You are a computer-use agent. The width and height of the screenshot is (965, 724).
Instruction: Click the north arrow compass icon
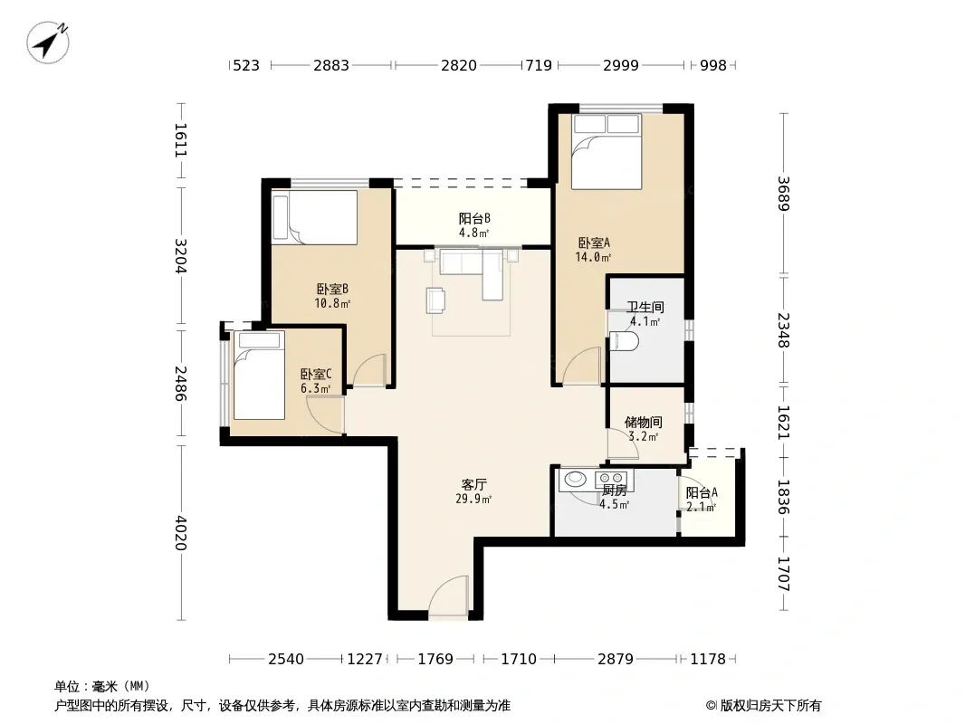pyautogui.click(x=47, y=43)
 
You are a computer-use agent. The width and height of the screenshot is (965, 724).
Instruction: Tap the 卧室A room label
pyautogui.click(x=594, y=243)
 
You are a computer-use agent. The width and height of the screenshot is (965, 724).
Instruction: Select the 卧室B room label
pyautogui.click(x=333, y=289)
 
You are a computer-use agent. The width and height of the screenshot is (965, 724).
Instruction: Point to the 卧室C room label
pyautogui.click(x=316, y=374)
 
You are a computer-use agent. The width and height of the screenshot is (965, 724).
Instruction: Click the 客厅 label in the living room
pyautogui.click(x=473, y=485)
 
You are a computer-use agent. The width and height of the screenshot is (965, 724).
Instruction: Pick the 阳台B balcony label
pyautogui.click(x=474, y=218)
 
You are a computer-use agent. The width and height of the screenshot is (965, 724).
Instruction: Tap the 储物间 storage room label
pyautogui.click(x=643, y=422)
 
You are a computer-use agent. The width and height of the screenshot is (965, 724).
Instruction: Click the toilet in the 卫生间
pyautogui.click(x=624, y=341)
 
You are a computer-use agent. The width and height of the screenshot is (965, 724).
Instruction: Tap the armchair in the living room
pyautogui.click(x=436, y=300)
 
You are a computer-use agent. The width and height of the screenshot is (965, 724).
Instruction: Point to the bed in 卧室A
pyautogui.click(x=607, y=151)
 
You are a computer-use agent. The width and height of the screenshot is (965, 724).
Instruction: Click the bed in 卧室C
pyautogui.click(x=259, y=376)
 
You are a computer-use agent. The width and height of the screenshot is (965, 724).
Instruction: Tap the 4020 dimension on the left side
pyautogui.click(x=180, y=533)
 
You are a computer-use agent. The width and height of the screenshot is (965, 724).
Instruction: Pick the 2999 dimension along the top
pyautogui.click(x=621, y=65)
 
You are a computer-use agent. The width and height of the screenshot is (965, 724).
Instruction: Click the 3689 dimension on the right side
pyautogui.click(x=783, y=193)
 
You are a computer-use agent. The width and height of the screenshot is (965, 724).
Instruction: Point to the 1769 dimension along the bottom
pyautogui.click(x=435, y=659)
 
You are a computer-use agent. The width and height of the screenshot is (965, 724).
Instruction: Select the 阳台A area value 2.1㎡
pyautogui.click(x=701, y=508)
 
